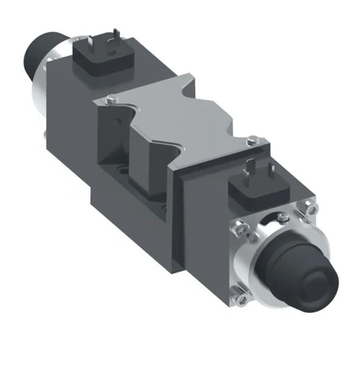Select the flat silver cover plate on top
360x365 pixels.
177,116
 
